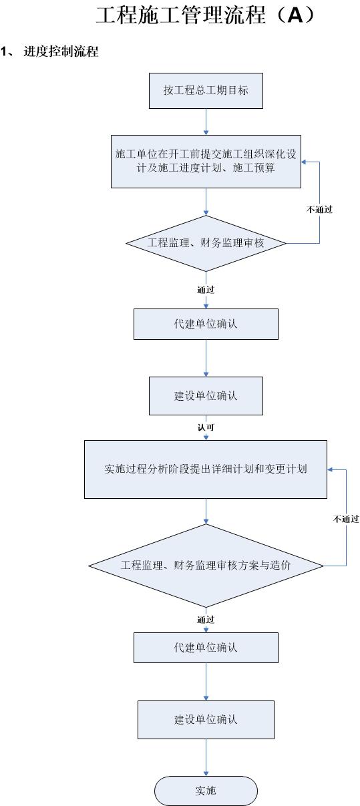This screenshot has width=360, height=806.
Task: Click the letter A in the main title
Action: tap(296, 15)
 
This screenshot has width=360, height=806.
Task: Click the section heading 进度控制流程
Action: tap(61, 51)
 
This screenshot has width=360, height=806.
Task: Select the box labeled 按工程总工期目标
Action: tap(206, 91)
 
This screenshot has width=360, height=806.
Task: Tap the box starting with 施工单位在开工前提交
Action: tap(206, 162)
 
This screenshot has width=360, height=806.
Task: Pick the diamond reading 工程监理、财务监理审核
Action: tap(206, 243)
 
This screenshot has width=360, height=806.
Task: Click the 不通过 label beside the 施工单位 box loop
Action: tap(319, 210)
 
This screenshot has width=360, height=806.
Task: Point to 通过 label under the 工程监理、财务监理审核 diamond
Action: tap(206, 290)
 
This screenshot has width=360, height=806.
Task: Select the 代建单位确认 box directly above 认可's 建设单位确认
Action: tap(206, 324)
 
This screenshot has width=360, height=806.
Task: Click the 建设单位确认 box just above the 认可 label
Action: tap(206, 396)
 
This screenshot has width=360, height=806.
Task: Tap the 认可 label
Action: tap(206, 427)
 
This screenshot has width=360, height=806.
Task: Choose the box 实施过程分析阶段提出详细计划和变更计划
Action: tap(206, 469)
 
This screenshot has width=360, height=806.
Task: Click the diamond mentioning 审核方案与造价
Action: tap(206, 566)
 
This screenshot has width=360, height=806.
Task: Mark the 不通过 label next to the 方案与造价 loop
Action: tap(346, 519)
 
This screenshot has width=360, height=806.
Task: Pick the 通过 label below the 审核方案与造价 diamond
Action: tap(206, 620)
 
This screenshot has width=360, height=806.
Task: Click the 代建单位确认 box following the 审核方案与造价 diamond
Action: tap(206, 648)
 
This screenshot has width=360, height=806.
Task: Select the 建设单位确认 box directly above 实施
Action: tap(206, 720)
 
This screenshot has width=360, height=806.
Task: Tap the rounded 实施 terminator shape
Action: tap(206, 791)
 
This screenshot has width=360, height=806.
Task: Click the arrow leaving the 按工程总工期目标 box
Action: tap(206, 122)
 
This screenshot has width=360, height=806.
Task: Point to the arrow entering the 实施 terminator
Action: tap(206, 757)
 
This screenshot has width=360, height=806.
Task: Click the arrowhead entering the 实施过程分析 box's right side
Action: tap(330, 469)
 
